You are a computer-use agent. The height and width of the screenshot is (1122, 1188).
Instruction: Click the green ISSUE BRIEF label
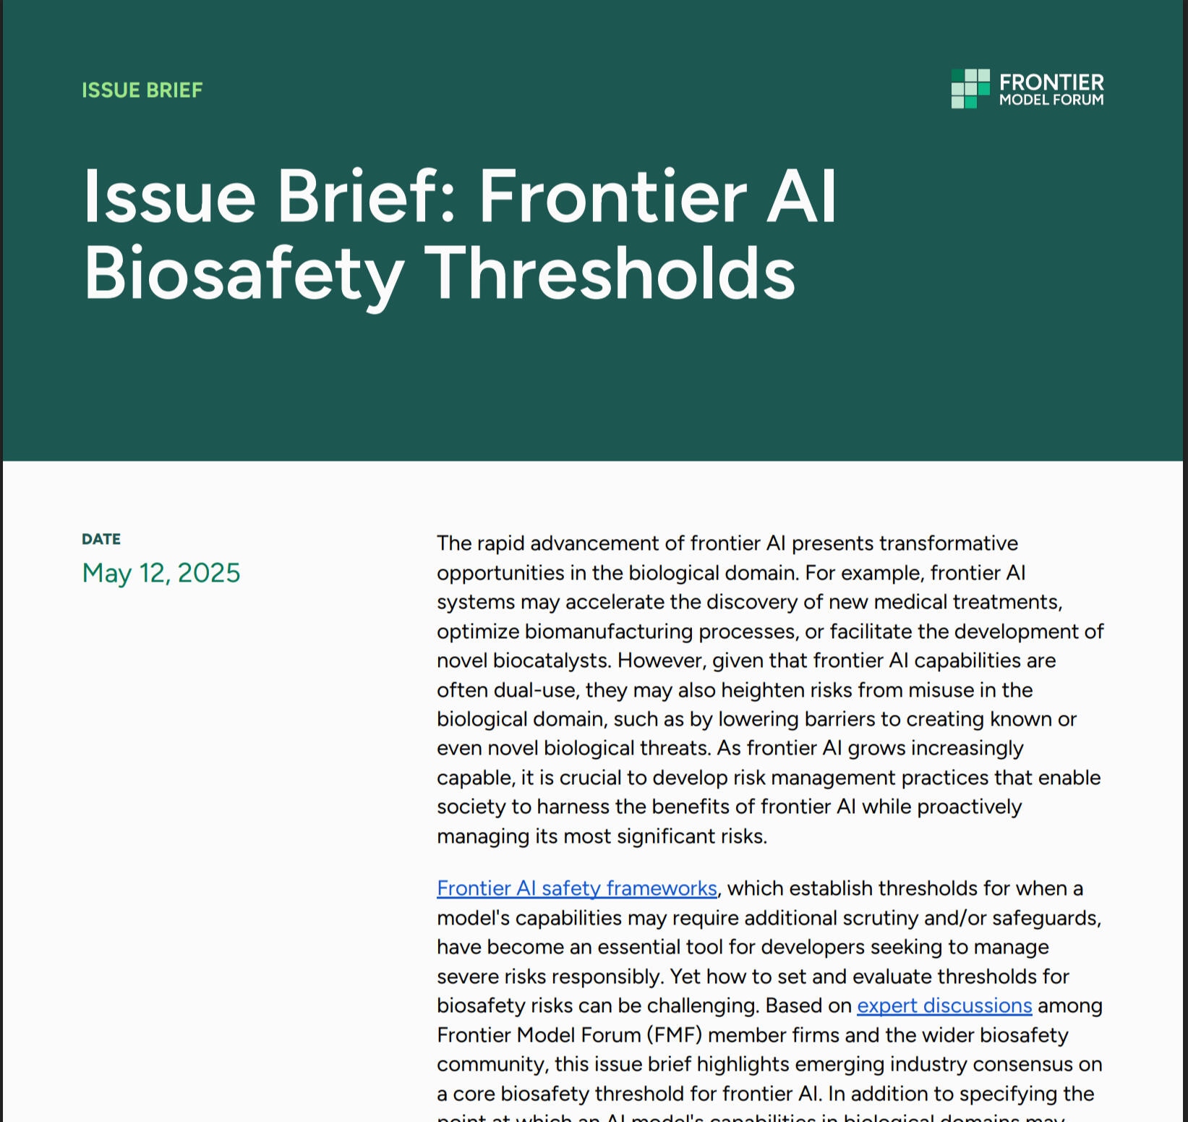pyautogui.click(x=142, y=90)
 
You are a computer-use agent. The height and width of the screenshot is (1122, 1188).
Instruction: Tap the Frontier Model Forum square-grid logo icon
pyautogui.click(x=970, y=89)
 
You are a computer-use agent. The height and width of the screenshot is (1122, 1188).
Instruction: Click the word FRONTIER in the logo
pyautogui.click(x=1051, y=82)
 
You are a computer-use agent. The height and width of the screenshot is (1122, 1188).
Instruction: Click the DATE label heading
pyautogui.click(x=101, y=539)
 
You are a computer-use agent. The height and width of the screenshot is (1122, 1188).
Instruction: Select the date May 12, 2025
pyautogui.click(x=161, y=573)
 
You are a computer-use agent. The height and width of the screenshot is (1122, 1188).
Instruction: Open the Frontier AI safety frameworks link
pyautogui.click(x=576, y=888)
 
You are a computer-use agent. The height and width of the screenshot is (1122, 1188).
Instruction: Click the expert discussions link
pyautogui.click(x=944, y=1006)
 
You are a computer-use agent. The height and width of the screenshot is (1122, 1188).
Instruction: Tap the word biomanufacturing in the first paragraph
pyautogui.click(x=608, y=632)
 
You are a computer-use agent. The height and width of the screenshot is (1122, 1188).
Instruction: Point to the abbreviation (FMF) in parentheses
pyautogui.click(x=675, y=1035)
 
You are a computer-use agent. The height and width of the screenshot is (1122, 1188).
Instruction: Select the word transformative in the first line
pyautogui.click(x=948, y=543)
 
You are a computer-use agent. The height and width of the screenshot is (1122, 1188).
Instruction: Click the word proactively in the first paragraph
pyautogui.click(x=969, y=807)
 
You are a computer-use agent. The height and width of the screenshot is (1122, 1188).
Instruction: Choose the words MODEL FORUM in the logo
pyautogui.click(x=1051, y=100)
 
